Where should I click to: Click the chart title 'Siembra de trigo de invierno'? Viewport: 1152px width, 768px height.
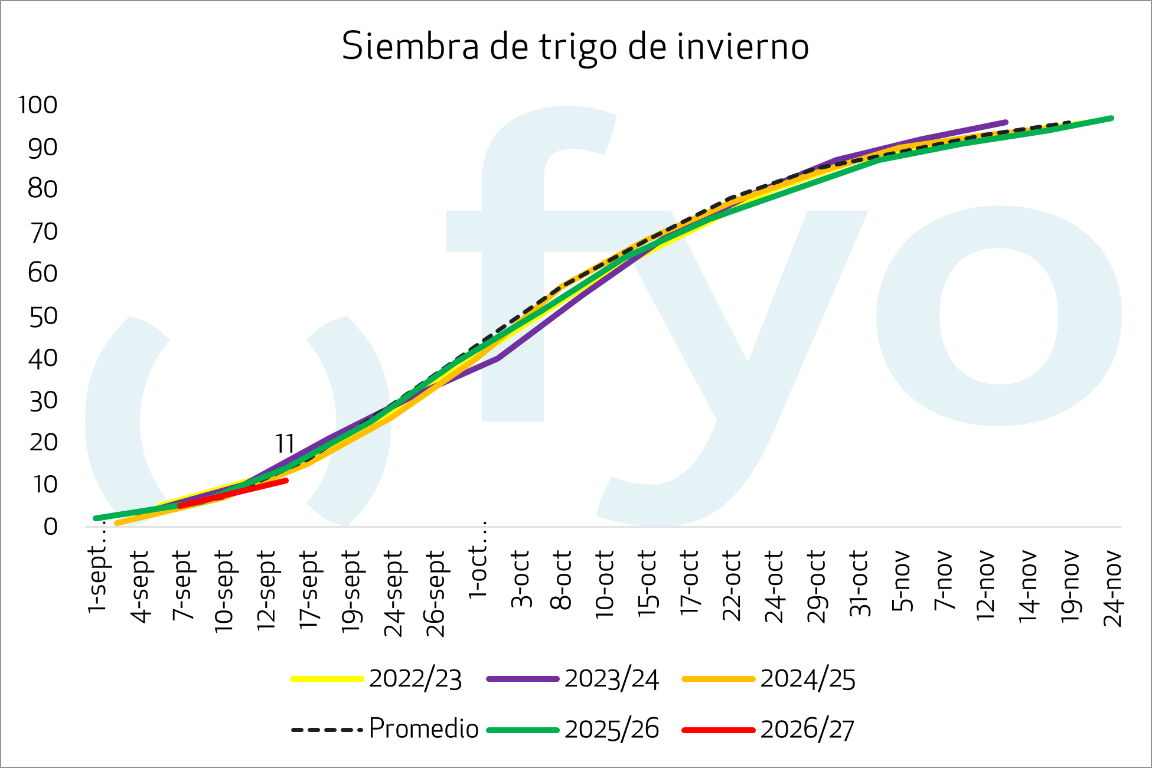[575, 46]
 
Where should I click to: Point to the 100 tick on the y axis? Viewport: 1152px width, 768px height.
[38, 105]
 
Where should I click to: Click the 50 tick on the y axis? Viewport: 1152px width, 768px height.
[43, 316]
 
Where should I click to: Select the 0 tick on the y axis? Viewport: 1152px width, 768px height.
[51, 527]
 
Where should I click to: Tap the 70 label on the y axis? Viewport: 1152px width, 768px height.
[43, 232]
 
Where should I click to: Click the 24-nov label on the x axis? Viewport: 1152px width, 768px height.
[1112, 588]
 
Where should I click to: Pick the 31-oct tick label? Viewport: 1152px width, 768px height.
[859, 583]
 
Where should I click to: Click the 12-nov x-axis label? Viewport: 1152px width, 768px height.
[985, 585]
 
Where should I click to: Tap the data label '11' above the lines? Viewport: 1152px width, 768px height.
[285, 443]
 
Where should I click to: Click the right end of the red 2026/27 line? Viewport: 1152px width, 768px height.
[286, 481]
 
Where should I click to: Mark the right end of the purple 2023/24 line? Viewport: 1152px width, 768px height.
[1006, 122]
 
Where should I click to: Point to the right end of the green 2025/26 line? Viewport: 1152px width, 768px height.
[1112, 118]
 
